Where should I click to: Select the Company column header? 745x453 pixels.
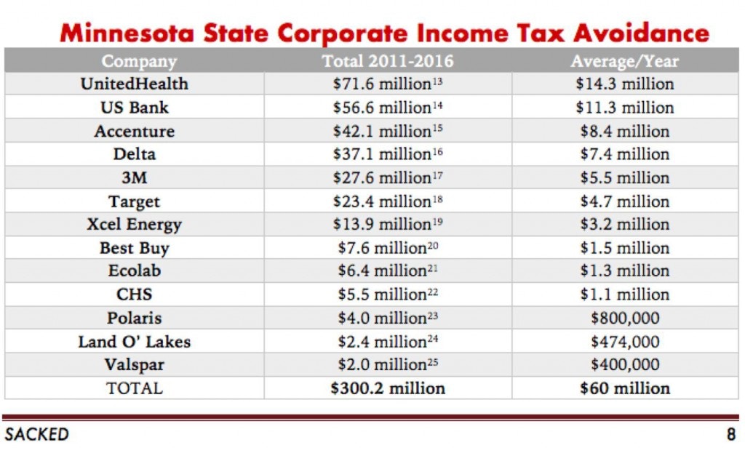(x=139, y=61)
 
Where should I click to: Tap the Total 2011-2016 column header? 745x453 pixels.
(x=387, y=61)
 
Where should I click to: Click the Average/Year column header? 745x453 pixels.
(x=624, y=61)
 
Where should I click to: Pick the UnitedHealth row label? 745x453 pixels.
(x=134, y=84)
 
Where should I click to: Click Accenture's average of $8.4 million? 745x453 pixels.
(x=624, y=132)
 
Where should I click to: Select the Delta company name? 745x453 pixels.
(x=134, y=154)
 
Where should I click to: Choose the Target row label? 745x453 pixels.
(x=134, y=201)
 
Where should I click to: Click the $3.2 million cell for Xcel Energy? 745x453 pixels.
(x=624, y=225)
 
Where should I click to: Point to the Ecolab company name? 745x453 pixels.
(x=134, y=271)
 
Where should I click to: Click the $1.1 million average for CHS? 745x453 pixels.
(x=624, y=294)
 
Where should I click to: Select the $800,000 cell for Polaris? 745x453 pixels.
(x=624, y=318)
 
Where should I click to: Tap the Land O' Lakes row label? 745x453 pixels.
(x=134, y=342)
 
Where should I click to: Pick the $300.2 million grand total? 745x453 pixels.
(x=387, y=388)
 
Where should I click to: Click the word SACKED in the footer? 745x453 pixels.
(x=36, y=435)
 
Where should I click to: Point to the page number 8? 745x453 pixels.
(x=730, y=435)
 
